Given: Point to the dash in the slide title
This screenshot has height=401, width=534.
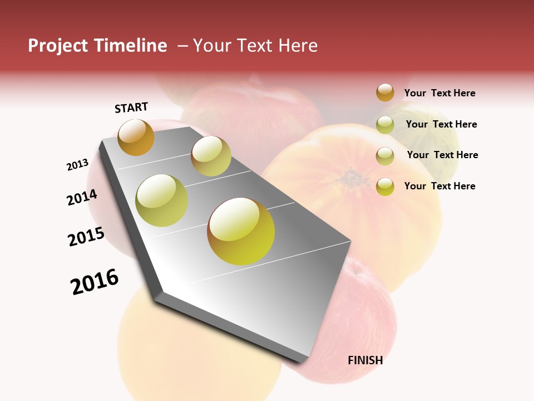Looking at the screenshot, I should click(182, 46).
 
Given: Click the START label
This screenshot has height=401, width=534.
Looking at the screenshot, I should click(131, 107).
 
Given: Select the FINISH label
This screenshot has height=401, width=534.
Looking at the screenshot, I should click(365, 360).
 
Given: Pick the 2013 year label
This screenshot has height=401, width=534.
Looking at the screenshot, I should click(77, 165).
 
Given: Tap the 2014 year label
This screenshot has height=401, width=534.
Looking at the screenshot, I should click(82, 197).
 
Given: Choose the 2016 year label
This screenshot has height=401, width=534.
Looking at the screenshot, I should click(95, 282).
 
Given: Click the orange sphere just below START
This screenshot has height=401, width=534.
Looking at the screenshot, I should click(136, 137).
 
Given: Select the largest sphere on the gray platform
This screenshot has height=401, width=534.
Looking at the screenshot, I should click(241, 231).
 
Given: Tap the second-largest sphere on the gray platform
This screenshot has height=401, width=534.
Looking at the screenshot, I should click(161, 200).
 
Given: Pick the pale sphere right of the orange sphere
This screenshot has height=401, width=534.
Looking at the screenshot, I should click(211, 156).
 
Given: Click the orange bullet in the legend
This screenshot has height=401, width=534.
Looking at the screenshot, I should click(385, 92).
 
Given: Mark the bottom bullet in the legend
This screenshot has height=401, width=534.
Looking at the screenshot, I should click(385, 187).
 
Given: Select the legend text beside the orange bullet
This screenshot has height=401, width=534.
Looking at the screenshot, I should click(439, 94).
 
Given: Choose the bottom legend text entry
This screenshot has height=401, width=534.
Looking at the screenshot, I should click(439, 186).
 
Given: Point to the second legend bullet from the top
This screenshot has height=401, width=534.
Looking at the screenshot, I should click(385, 125).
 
